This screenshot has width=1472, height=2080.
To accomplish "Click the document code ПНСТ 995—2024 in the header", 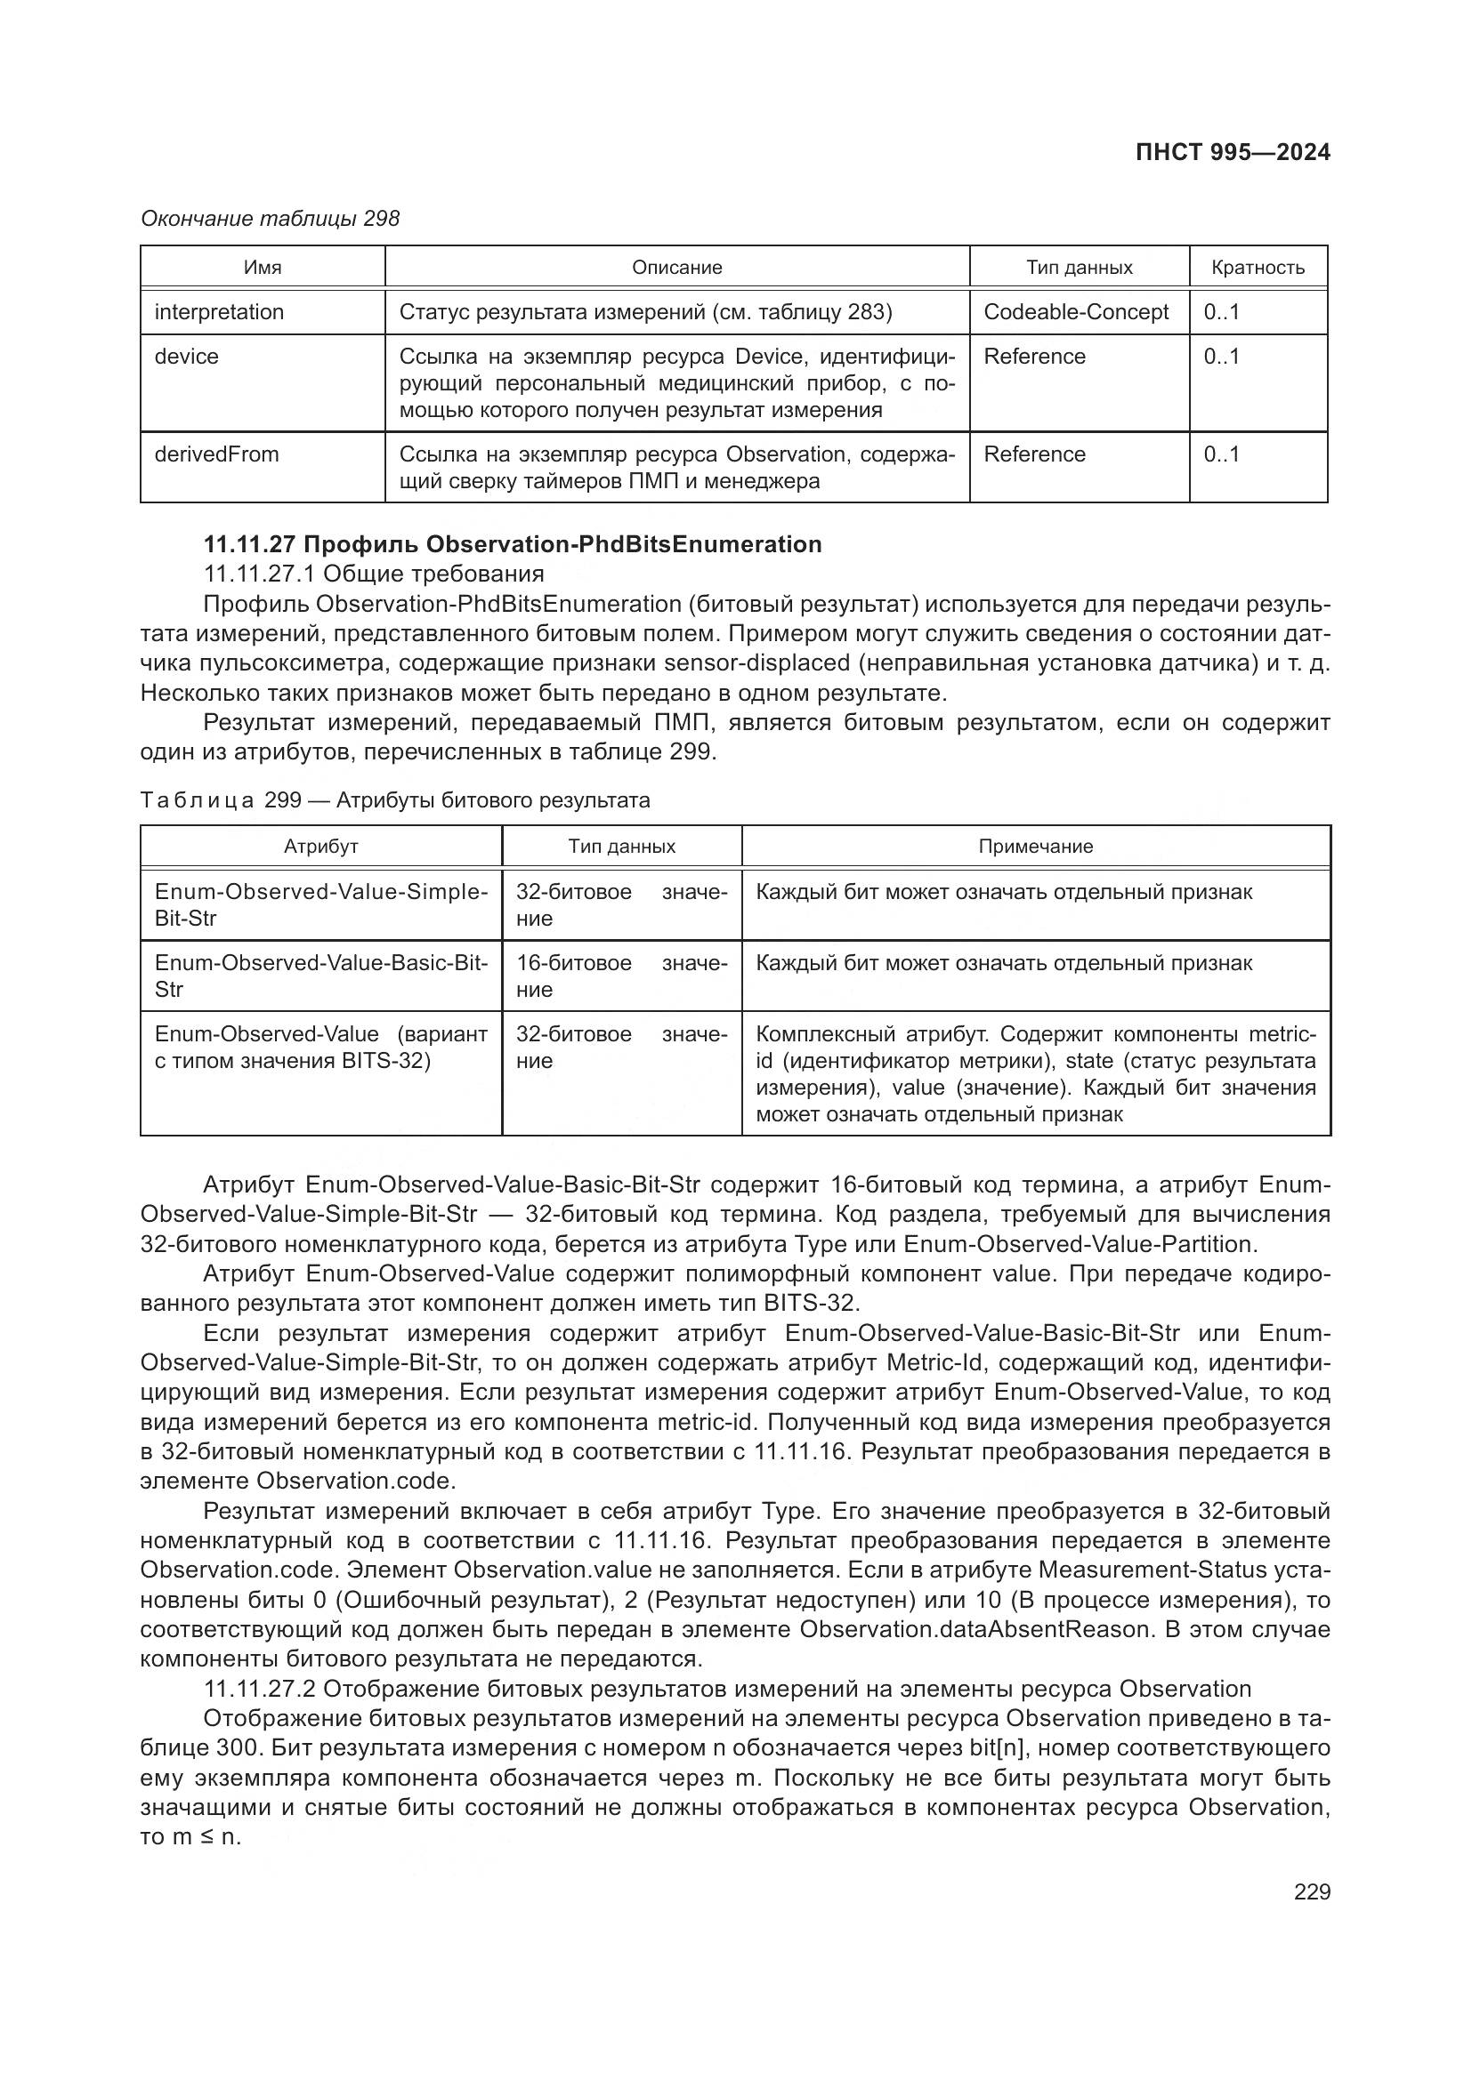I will (x=1233, y=152).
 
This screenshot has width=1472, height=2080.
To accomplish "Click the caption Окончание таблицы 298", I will (x=271, y=219).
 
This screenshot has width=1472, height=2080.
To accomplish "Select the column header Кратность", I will (x=1258, y=268).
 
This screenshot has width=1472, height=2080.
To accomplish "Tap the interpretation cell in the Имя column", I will (x=219, y=311).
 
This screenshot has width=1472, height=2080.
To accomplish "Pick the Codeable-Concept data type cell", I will (x=1076, y=311).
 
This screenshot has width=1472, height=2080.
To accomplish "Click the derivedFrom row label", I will (x=216, y=454).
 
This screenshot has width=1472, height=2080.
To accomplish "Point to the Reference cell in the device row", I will (x=1034, y=356).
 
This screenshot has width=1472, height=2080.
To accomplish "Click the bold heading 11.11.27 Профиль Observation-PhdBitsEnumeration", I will (x=512, y=543).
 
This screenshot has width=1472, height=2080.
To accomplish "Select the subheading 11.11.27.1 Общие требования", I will (x=374, y=574).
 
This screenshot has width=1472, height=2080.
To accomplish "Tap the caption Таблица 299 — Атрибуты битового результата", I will (x=395, y=800).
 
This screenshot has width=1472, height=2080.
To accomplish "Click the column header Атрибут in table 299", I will (x=321, y=846).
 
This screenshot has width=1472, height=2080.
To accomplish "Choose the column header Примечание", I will (x=1035, y=846).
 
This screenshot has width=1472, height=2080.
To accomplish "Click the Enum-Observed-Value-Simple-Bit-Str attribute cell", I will (x=321, y=904).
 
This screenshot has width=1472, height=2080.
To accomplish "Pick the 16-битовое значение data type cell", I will (x=621, y=976).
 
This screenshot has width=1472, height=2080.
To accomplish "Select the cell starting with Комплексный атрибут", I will (x=1035, y=1073).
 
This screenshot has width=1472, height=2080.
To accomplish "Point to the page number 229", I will (x=1312, y=1891).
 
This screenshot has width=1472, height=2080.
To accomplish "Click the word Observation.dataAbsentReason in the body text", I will (x=974, y=1629).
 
